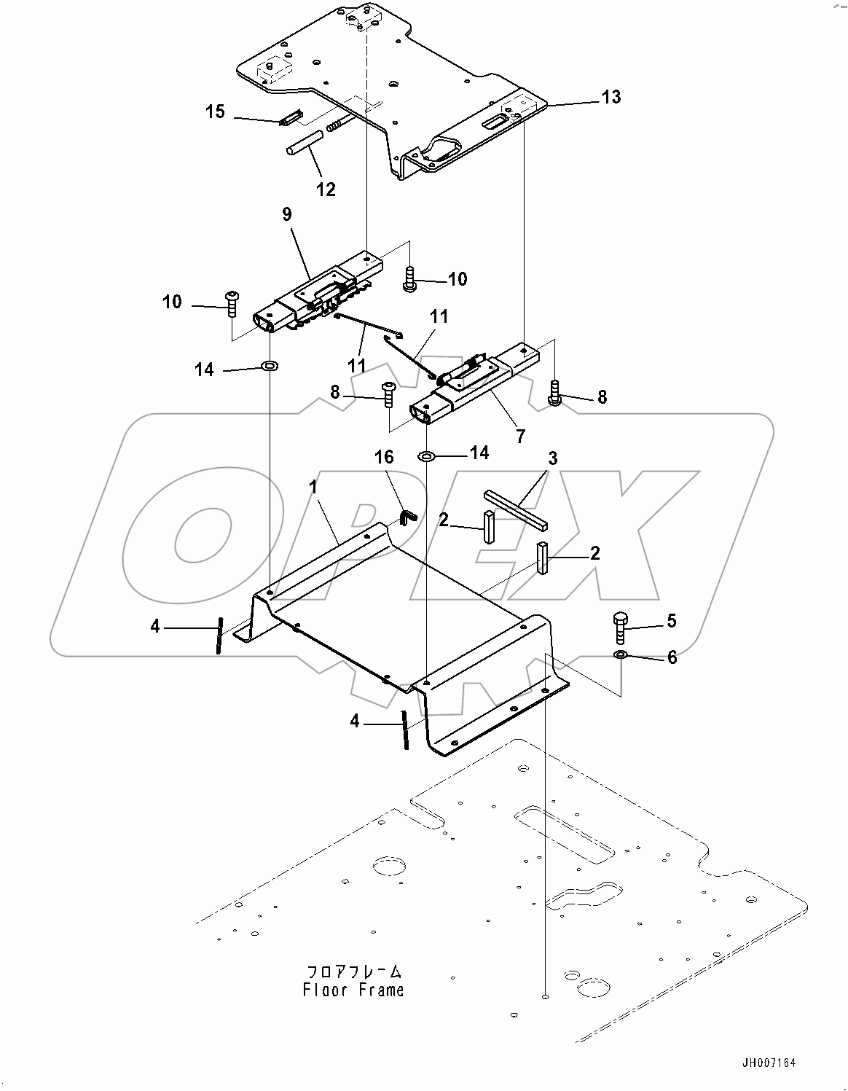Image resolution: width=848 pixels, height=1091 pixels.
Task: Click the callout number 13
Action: click(x=611, y=97)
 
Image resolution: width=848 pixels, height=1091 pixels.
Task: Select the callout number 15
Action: click(x=215, y=112)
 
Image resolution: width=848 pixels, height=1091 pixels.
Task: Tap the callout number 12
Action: click(x=326, y=189)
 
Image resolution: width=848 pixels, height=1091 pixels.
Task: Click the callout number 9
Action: click(x=286, y=214)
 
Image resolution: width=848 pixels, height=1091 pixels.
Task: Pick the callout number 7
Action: click(x=520, y=436)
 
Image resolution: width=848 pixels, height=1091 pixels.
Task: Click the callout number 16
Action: click(x=384, y=457)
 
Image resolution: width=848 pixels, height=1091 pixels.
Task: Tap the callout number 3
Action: click(x=553, y=458)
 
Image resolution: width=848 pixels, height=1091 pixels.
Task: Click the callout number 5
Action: click(x=671, y=620)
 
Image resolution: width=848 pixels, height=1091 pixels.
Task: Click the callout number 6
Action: click(x=672, y=657)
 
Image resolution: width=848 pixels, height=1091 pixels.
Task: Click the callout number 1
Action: click(x=314, y=488)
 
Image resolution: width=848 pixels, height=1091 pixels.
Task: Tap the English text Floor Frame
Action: click(x=353, y=990)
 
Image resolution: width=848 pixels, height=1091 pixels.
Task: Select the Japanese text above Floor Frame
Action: click(x=353, y=971)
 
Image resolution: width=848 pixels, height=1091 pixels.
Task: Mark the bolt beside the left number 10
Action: click(x=232, y=302)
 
